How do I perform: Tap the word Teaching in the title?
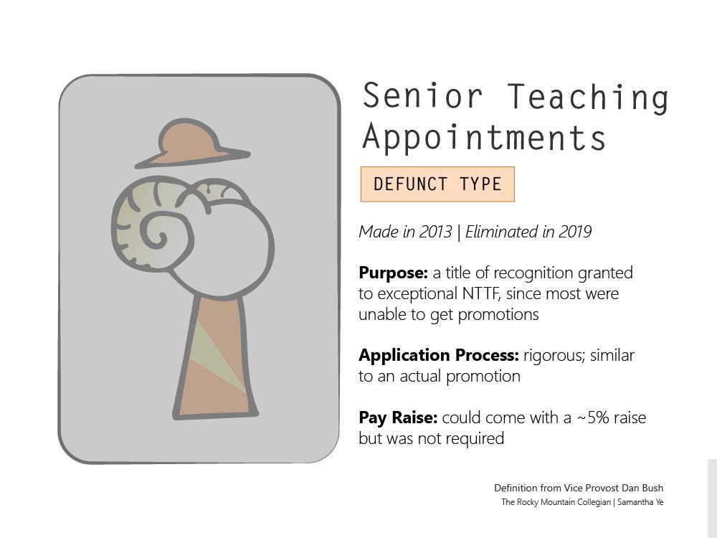coord(588,98)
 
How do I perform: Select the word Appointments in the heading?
coord(484,138)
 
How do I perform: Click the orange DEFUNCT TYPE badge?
coord(437,184)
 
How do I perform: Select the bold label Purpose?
coord(393,273)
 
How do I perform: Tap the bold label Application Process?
coord(439,356)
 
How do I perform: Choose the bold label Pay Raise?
coord(398,417)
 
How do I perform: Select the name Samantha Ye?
coord(640,502)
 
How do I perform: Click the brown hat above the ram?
coord(191,143)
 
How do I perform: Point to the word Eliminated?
coord(501,232)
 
